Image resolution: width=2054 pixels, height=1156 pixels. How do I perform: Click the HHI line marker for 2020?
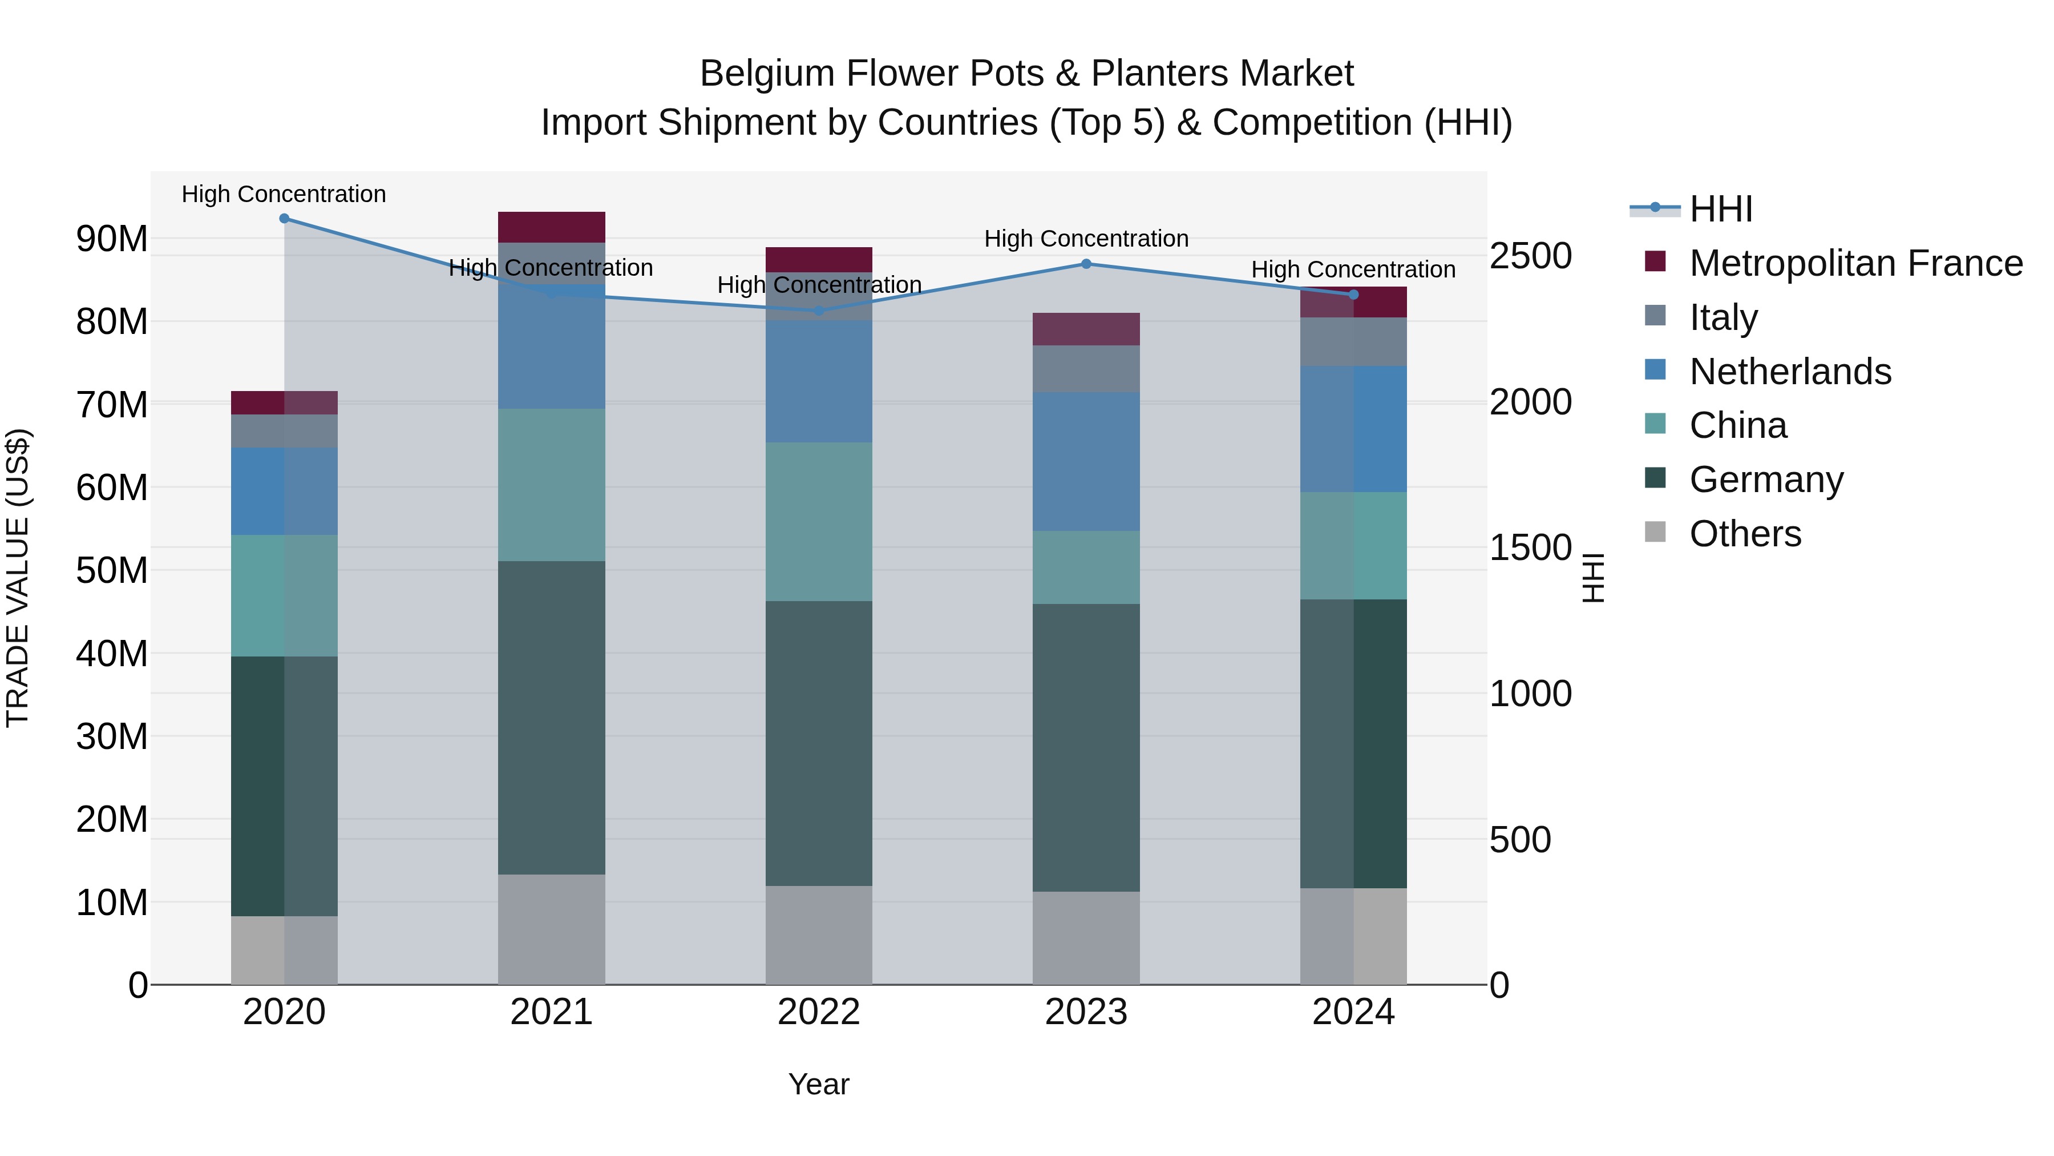tap(285, 219)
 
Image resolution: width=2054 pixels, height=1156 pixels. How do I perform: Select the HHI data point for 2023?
tap(1086, 264)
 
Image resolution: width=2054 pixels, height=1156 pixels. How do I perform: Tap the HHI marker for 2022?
tap(819, 311)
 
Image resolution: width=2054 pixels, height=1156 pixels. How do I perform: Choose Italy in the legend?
tap(1723, 317)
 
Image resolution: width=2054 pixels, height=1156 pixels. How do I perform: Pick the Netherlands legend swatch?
tap(1655, 371)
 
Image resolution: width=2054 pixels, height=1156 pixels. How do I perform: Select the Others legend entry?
tap(1745, 534)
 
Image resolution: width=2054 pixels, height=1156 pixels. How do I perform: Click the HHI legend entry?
tap(1721, 209)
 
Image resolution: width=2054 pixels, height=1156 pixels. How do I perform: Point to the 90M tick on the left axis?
tap(112, 239)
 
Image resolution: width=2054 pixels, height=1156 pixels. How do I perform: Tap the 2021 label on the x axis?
tap(551, 1012)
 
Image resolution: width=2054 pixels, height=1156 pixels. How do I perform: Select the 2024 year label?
tap(1353, 1012)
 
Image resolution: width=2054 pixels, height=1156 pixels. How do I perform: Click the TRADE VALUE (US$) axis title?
tap(18, 578)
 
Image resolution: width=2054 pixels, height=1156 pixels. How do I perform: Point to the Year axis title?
tap(819, 1084)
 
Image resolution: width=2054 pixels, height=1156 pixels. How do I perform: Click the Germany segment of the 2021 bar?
tap(552, 718)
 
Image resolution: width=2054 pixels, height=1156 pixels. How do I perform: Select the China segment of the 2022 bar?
tap(819, 522)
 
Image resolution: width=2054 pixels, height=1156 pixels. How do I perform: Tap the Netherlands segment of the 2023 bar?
tap(1086, 461)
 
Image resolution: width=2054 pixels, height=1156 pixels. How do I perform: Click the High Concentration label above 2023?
tap(1086, 239)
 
